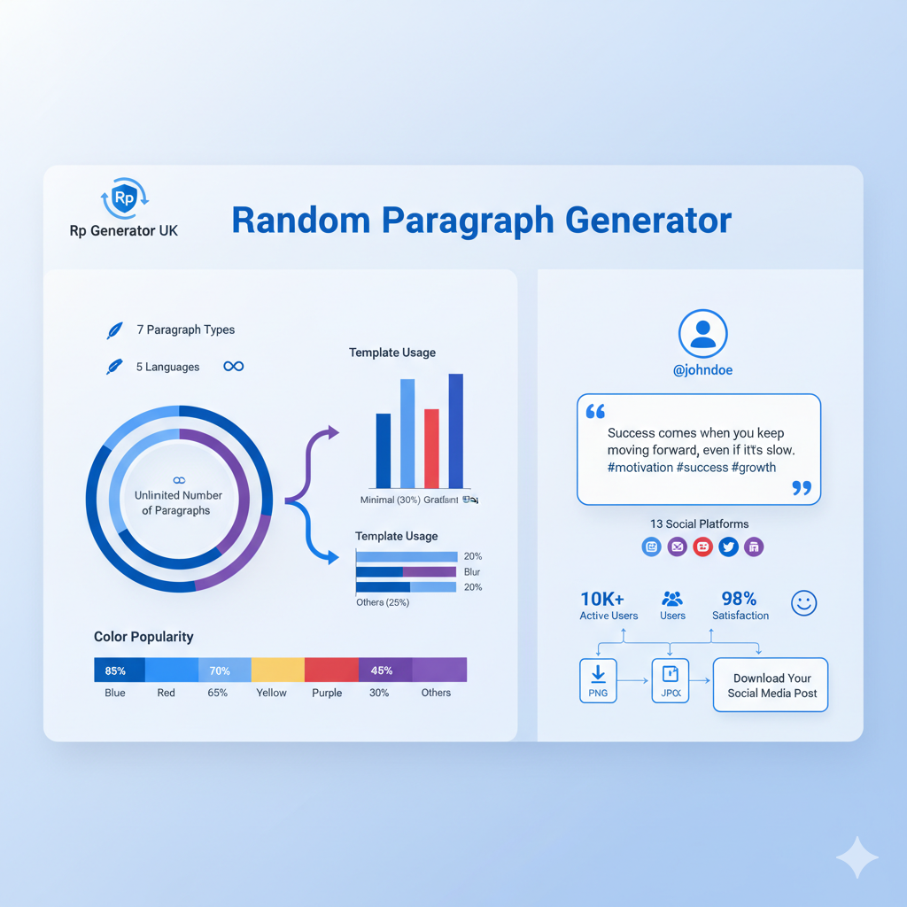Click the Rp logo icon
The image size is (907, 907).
tap(124, 198)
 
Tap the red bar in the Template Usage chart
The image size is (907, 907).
tap(431, 448)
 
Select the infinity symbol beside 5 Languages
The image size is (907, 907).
tap(234, 367)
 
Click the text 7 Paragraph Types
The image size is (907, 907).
tap(186, 329)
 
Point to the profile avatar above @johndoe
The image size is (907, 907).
tap(702, 334)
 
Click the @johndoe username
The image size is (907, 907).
tap(702, 370)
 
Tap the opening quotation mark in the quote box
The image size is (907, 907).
tap(595, 412)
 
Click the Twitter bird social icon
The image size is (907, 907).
tap(728, 547)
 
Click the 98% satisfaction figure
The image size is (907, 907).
tap(738, 599)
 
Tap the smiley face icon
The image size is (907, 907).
tap(803, 603)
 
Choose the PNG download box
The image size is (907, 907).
tap(598, 680)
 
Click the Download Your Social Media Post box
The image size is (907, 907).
tap(771, 685)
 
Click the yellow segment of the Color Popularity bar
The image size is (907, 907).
tap(277, 671)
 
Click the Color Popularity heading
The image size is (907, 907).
tap(143, 637)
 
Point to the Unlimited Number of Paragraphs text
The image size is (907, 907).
tap(178, 502)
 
